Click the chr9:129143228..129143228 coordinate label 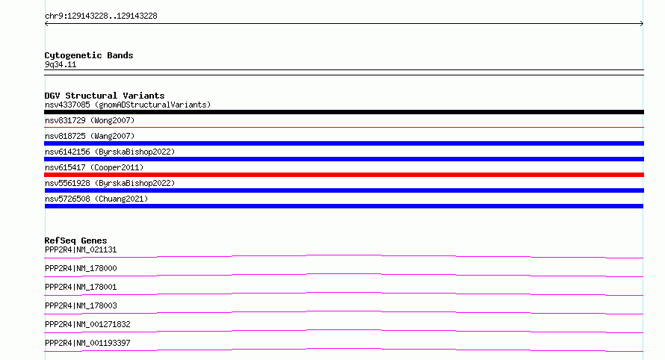coord(101,16)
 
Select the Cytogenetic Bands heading coord(89,55)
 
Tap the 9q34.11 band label coord(61,64)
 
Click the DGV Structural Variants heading coord(105,96)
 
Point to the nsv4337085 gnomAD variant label coord(128,105)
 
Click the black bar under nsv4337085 coord(344,112)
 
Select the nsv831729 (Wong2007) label coord(90,120)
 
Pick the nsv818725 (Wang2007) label coord(90,136)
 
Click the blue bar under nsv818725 coord(344,143)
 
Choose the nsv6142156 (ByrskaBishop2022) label coord(110,152)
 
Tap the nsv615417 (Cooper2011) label coord(94,167)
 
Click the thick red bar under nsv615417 coord(344,175)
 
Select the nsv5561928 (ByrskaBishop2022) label coord(110,183)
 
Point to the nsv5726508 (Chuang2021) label coord(96,199)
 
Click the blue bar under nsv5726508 coord(344,206)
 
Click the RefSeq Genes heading coord(75,240)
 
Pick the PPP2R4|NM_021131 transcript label coord(81,249)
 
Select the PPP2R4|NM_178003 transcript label coord(81,305)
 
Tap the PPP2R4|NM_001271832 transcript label coord(87,324)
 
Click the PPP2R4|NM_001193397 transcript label coord(87,343)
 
